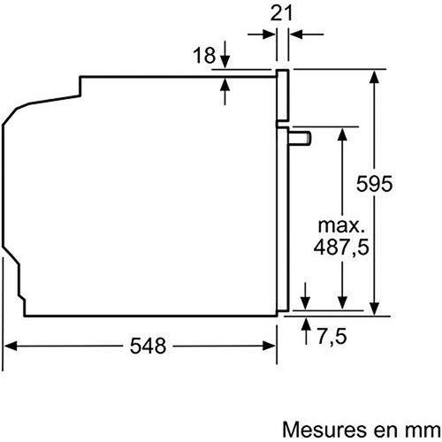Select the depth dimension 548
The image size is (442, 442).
pyautogui.click(x=147, y=347)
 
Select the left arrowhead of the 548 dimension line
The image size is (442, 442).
pyautogui.click(x=11, y=347)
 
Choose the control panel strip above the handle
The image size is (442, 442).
pyautogui.click(x=283, y=97)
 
